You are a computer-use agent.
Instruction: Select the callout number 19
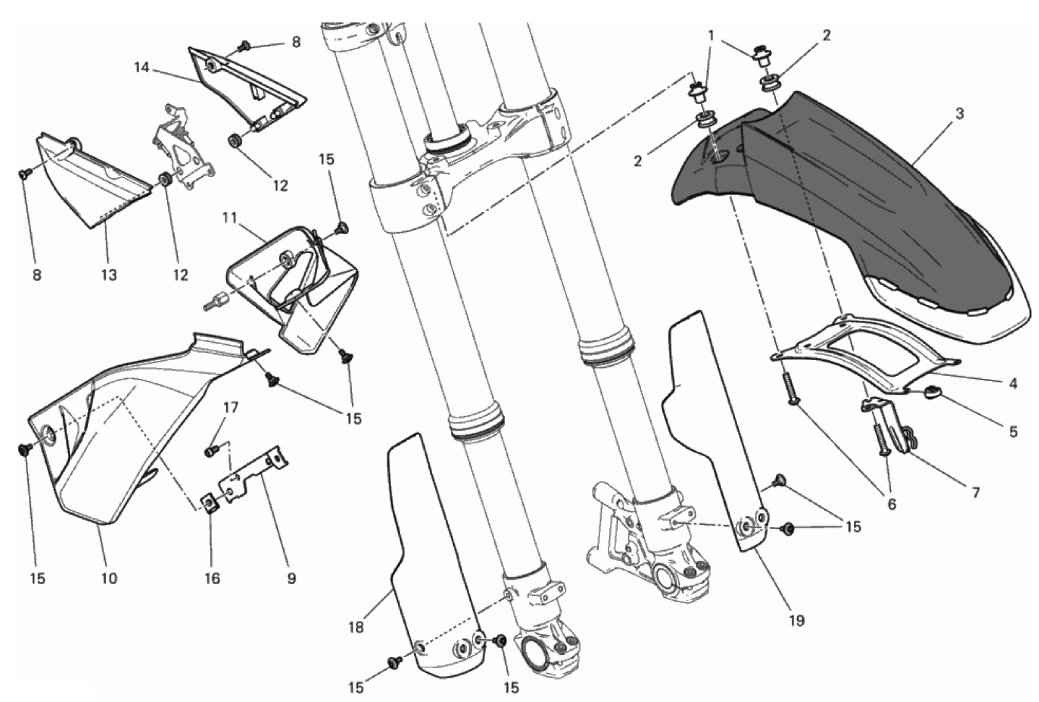797,620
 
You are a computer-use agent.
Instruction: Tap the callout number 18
356,628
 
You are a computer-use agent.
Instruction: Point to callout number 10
110,578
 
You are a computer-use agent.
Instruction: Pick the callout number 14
142,68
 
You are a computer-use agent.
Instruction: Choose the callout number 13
110,275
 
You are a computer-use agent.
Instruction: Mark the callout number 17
230,407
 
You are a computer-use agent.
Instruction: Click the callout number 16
212,578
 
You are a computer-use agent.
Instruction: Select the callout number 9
291,578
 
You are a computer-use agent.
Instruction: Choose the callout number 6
892,505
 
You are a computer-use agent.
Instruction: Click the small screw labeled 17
211,450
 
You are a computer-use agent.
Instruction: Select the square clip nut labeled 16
210,503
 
